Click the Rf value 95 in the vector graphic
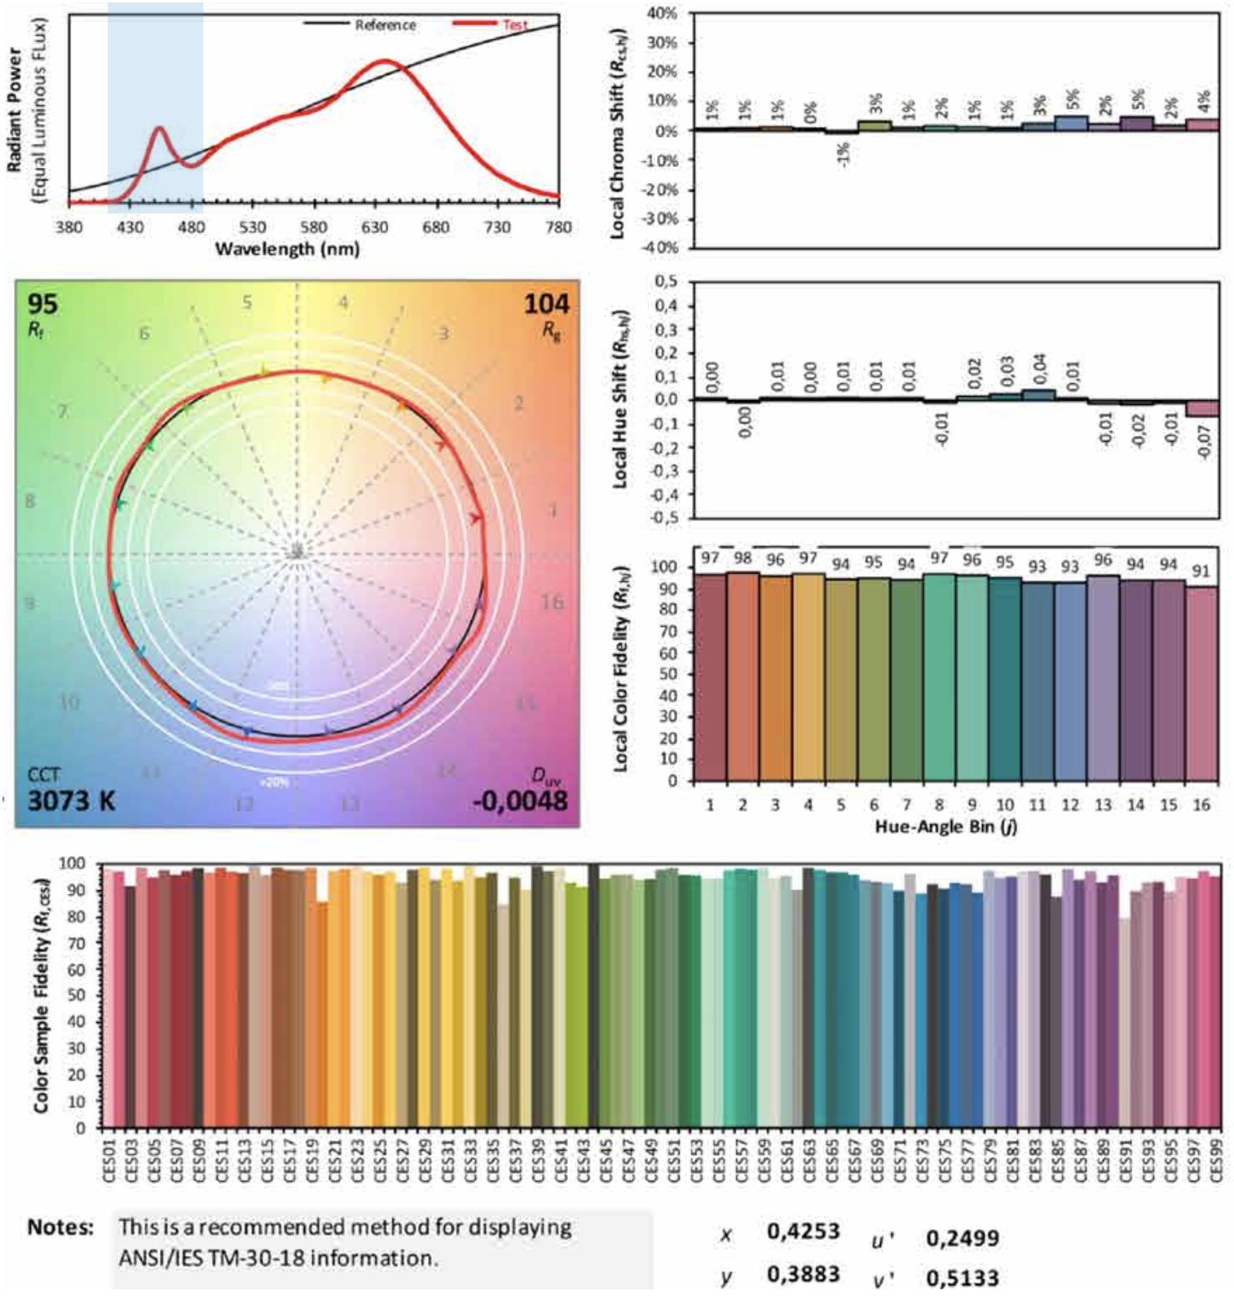43,303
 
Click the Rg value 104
546,304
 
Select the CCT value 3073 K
71,801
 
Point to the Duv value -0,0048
519,801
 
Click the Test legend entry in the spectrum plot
514,25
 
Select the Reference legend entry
385,25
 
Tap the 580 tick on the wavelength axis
314,227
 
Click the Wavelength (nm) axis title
287,249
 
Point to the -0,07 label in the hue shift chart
1203,442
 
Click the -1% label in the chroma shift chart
843,155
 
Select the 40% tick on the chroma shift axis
661,13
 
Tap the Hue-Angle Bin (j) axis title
946,827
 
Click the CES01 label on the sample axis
109,1156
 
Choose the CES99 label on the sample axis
1216,1156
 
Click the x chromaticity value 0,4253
803,1232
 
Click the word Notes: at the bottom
60,1228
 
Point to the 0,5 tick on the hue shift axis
665,281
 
